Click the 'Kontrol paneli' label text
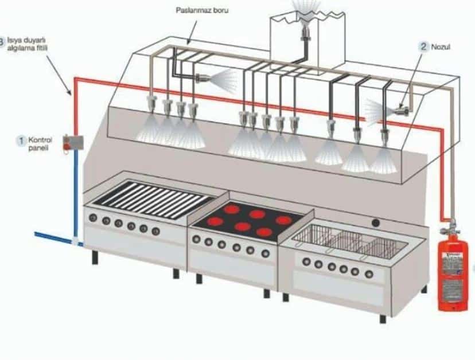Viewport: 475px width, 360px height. (x=40, y=142)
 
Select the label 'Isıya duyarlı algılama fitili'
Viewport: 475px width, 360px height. (x=29, y=45)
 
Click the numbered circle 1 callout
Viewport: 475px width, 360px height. (x=21, y=139)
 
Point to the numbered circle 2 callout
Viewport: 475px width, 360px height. (x=425, y=46)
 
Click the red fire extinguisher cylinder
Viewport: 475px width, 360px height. (x=454, y=275)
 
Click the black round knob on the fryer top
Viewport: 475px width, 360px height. (x=376, y=222)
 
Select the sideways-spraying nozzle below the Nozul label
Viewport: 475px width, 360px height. (x=402, y=108)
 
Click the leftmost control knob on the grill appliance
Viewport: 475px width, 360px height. (x=92, y=218)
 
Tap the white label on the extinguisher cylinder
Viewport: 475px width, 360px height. (x=453, y=269)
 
